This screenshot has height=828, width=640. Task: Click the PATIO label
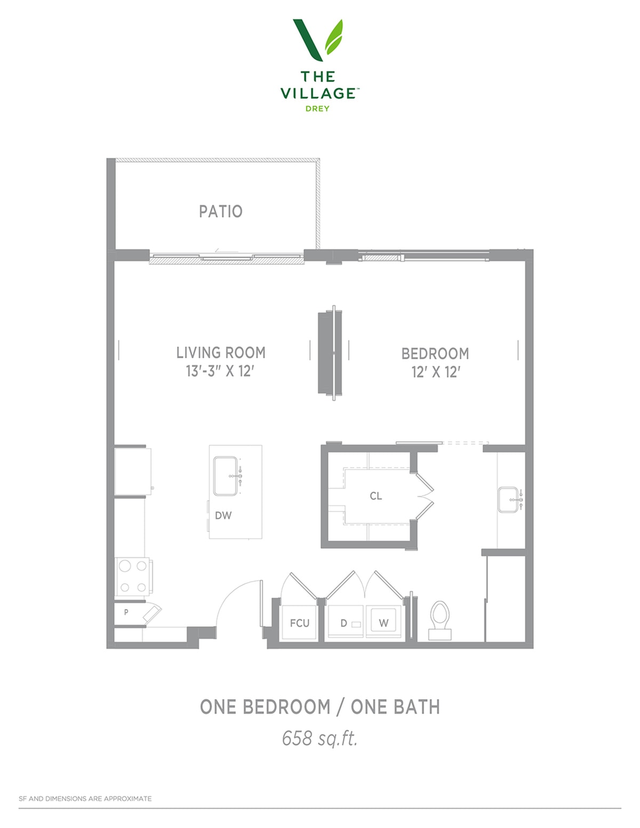(x=221, y=212)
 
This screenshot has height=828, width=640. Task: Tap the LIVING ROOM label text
(x=221, y=352)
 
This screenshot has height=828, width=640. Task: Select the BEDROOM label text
(x=435, y=353)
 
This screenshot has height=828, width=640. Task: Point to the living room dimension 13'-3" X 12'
(x=220, y=371)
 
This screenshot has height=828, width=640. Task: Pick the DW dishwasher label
(x=223, y=516)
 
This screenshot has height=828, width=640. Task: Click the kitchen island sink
(x=226, y=476)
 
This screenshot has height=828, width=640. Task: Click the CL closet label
(x=375, y=496)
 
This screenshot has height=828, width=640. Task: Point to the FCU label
(x=300, y=623)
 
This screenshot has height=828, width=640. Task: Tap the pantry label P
(x=126, y=612)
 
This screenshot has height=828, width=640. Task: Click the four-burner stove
(x=133, y=576)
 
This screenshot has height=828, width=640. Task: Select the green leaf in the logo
(x=334, y=37)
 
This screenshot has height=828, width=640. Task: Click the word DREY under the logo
(x=317, y=109)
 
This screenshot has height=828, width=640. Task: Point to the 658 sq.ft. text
(x=320, y=738)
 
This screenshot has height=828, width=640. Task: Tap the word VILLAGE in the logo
(x=318, y=93)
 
